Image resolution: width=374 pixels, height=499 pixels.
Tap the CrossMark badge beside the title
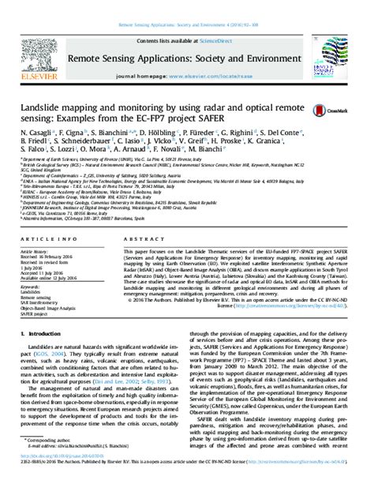pos(324,110)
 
